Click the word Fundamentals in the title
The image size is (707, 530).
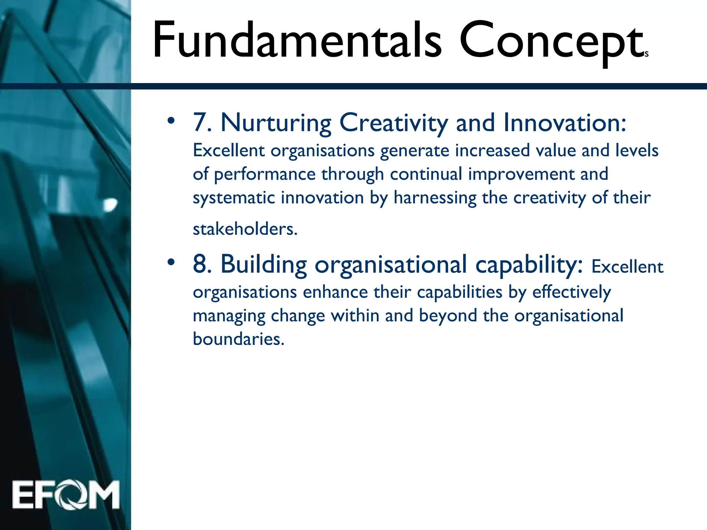(x=297, y=40)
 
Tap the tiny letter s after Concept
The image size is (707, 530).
(x=647, y=54)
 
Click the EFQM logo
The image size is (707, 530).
(x=66, y=495)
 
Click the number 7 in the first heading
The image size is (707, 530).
(x=200, y=122)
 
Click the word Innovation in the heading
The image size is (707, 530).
(x=564, y=123)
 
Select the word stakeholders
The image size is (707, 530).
(x=245, y=229)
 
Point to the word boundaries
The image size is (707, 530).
(x=238, y=339)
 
